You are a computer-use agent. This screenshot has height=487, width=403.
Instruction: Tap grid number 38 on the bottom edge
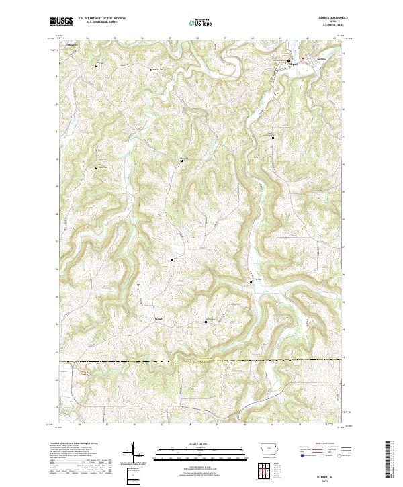point(190,425)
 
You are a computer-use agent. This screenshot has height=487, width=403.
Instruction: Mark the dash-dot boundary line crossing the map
point(201,361)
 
